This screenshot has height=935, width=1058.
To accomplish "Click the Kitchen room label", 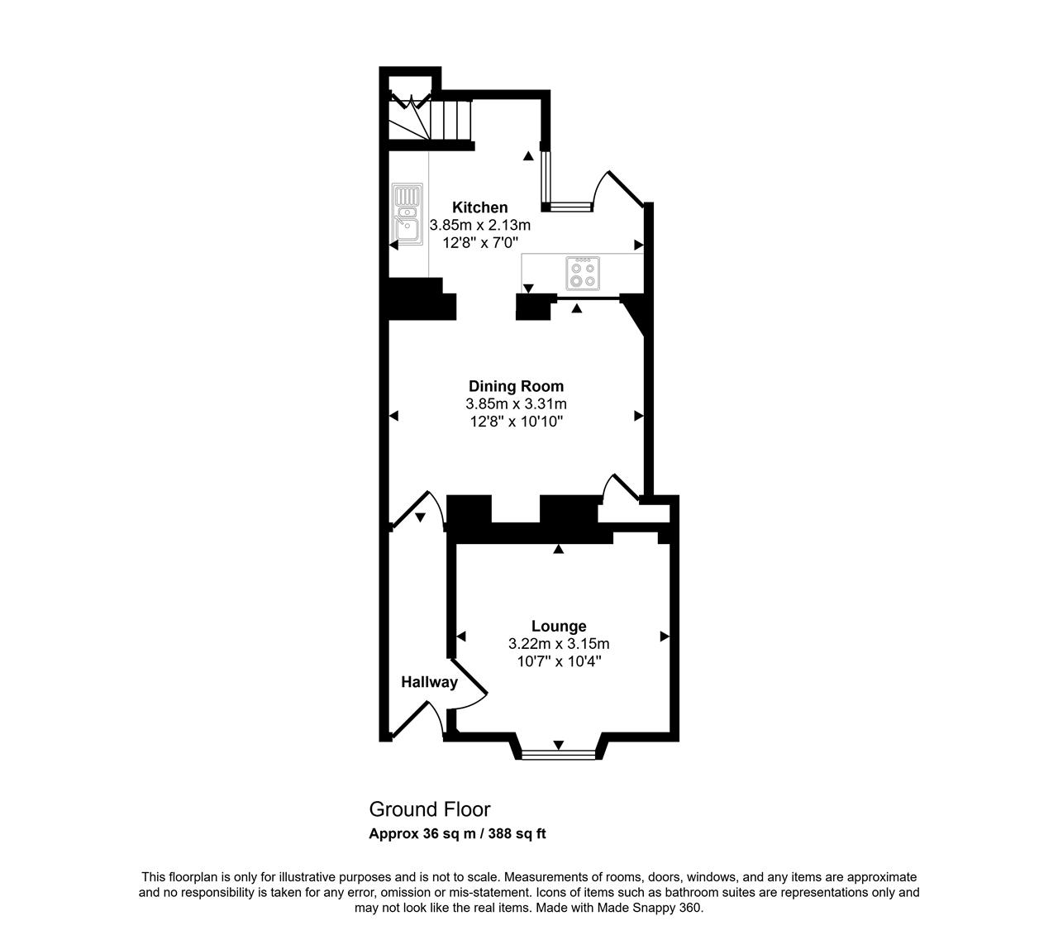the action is tap(479, 208).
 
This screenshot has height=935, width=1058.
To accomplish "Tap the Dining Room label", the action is tap(516, 386).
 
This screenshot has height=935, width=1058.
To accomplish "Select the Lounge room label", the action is tap(559, 626).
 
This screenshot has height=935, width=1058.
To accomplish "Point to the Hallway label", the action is tap(429, 682).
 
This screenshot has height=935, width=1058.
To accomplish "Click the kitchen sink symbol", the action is tap(407, 214).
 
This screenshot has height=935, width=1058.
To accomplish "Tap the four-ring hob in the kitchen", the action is tap(583, 273).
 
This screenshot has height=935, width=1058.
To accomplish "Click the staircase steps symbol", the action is tap(430, 120).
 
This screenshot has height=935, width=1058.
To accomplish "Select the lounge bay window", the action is tap(559, 754).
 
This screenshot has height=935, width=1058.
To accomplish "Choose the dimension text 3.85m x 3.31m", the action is tap(516, 403).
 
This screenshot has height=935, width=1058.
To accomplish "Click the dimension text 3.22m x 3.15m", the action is tap(559, 643).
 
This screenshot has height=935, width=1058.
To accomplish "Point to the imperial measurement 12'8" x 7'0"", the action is tap(480, 243).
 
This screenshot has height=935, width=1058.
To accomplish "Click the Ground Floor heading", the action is tap(430, 809).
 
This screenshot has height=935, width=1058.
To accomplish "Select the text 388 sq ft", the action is tap(517, 833).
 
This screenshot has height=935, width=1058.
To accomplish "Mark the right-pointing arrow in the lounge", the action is tap(665, 637).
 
